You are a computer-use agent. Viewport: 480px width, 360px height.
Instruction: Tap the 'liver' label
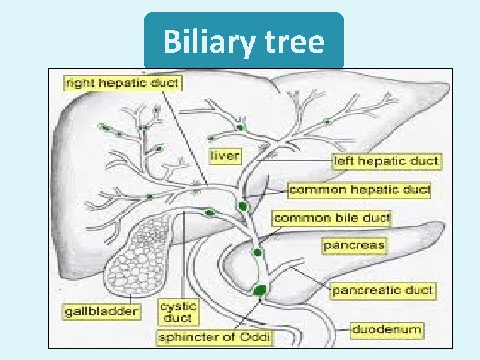(x=225, y=157)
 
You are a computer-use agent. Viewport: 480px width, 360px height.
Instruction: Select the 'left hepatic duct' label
(x=387, y=161)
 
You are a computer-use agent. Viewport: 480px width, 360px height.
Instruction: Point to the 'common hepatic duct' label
(x=359, y=190)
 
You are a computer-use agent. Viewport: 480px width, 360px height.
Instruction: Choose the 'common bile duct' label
(x=331, y=218)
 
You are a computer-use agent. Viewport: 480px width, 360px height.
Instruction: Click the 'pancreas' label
(x=354, y=245)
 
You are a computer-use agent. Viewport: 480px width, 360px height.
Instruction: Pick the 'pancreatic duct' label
(x=383, y=291)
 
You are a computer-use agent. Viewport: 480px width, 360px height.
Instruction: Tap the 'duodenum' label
(x=387, y=329)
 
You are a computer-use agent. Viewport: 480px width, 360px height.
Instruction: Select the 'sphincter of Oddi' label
(x=214, y=337)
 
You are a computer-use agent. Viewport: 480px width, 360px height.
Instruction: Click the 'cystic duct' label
(x=178, y=312)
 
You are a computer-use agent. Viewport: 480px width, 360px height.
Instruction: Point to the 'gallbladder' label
(x=101, y=311)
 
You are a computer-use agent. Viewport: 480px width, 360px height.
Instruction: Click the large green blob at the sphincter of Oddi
(x=259, y=289)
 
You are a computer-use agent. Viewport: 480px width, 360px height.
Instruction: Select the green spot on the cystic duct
(x=210, y=213)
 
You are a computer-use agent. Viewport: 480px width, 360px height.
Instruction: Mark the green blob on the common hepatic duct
(x=242, y=206)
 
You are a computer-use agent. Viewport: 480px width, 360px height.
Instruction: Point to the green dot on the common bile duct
(x=257, y=253)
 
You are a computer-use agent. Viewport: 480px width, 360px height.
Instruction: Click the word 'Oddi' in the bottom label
(x=255, y=337)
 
